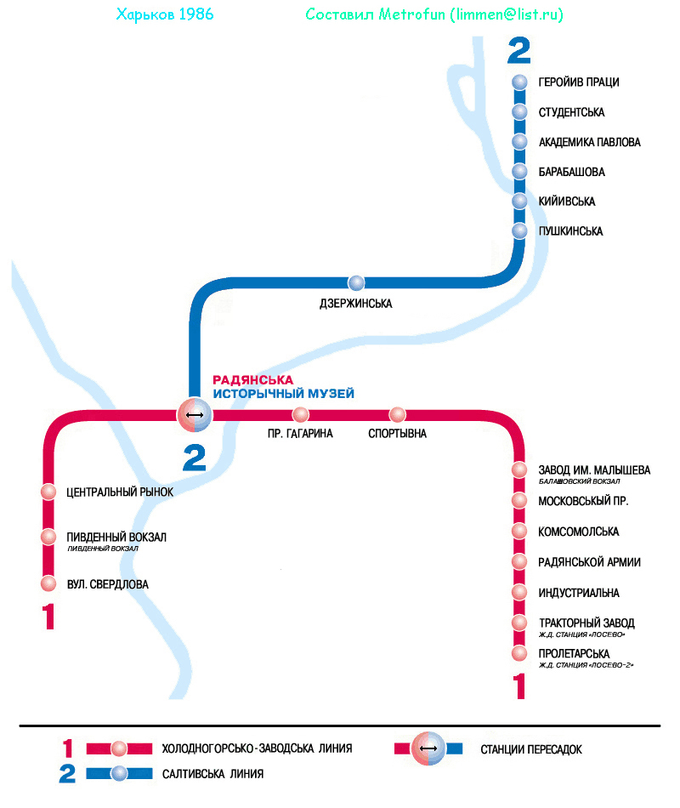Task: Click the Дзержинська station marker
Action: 356,283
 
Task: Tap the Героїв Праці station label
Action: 578,83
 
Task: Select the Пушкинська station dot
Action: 521,231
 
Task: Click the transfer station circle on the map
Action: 194,415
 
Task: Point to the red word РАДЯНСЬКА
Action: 252,379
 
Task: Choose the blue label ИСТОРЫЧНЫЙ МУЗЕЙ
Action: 283,394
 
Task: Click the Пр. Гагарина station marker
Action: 300,415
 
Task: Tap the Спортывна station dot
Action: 398,415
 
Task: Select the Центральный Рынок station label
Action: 120,492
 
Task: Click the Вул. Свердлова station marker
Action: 49,583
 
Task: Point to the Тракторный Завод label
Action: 586,623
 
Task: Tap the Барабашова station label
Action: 571,172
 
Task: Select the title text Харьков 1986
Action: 164,15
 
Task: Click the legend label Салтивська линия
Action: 212,774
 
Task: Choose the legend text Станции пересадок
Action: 530,749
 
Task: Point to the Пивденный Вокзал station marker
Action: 49,537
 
